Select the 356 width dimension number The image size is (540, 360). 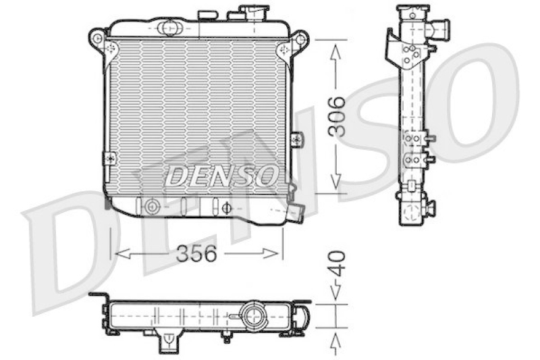196,254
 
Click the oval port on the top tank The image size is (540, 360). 169,28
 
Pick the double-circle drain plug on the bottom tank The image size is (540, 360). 152,206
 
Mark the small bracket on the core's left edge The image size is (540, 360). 108,157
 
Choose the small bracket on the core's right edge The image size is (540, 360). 296,139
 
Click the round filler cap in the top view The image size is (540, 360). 254,314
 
